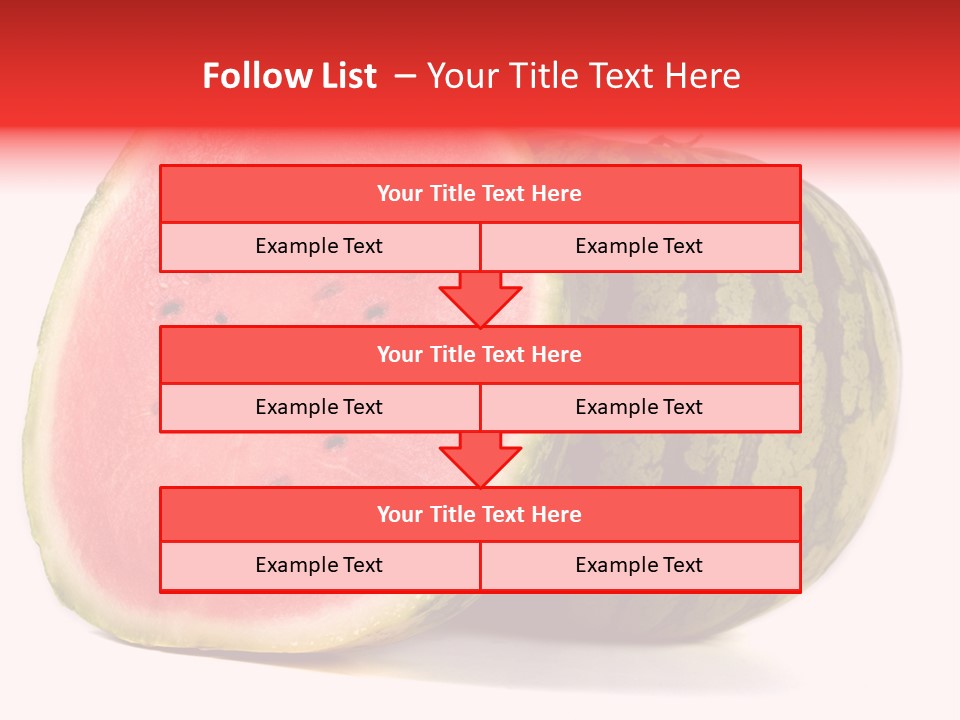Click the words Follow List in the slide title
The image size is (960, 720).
pyautogui.click(x=289, y=76)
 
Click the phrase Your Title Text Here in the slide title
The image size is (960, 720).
pyautogui.click(x=584, y=76)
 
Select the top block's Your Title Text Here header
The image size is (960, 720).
pyautogui.click(x=479, y=194)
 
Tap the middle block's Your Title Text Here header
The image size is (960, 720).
pyautogui.click(x=479, y=354)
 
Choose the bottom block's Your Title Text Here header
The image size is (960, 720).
pyautogui.click(x=479, y=514)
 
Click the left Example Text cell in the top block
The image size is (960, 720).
pyautogui.click(x=319, y=246)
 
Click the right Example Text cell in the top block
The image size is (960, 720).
pyautogui.click(x=639, y=246)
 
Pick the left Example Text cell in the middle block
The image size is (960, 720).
pyautogui.click(x=319, y=407)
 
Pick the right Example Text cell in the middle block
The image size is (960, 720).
pyautogui.click(x=639, y=407)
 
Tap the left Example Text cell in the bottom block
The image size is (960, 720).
pyautogui.click(x=319, y=565)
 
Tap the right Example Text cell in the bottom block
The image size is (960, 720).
pyautogui.click(x=639, y=565)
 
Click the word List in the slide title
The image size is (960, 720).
pyautogui.click(x=344, y=76)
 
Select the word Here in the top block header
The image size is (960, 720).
pyautogui.click(x=557, y=194)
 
